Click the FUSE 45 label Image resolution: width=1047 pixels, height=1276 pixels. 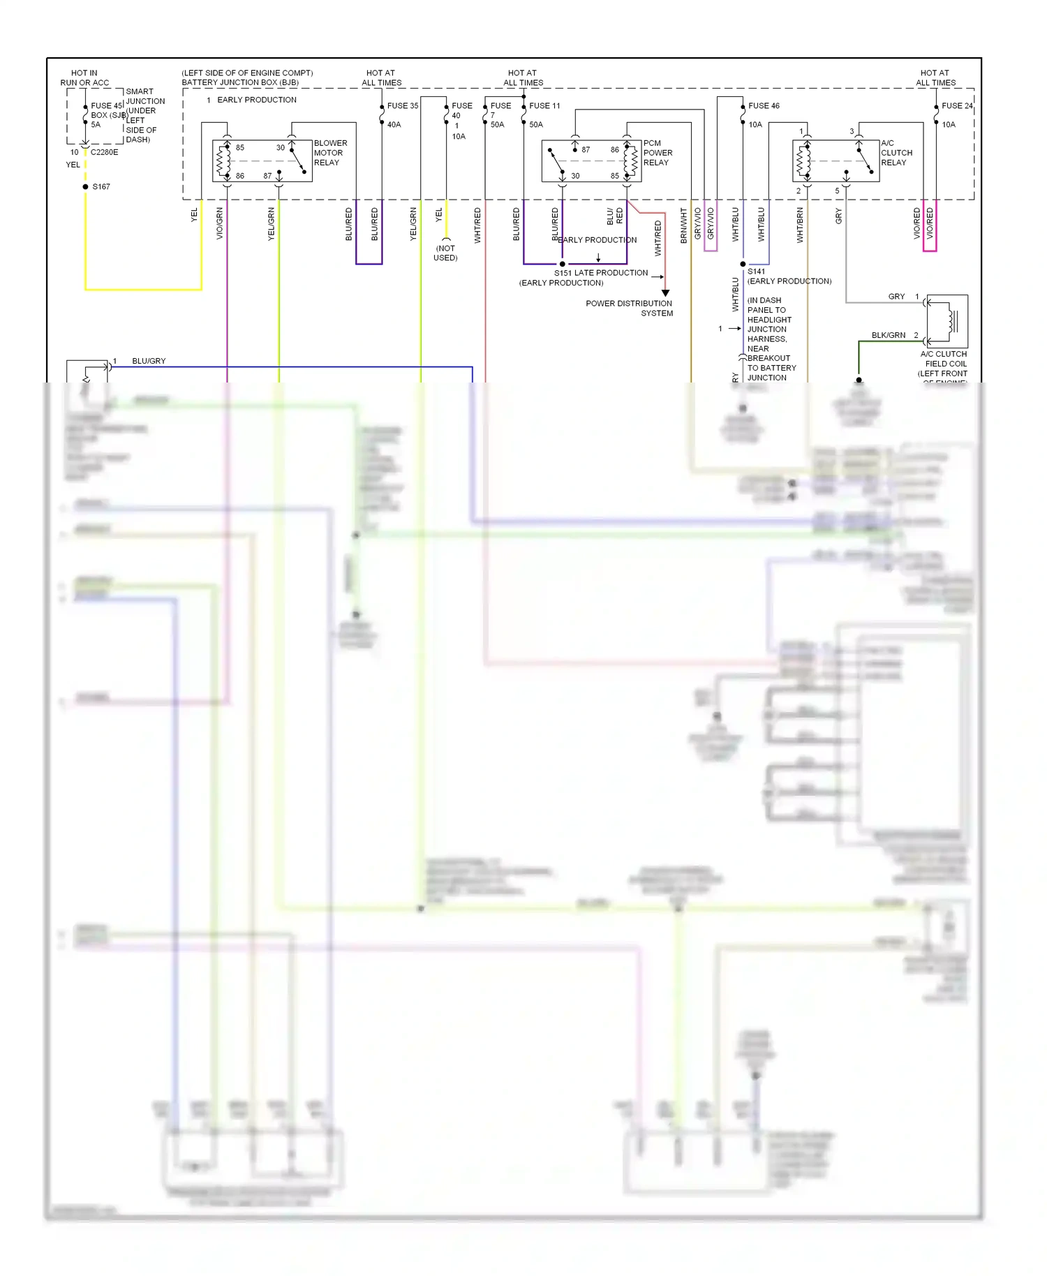point(106,106)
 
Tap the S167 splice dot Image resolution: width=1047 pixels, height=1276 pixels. point(85,187)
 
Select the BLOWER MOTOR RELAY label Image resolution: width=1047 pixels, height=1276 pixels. point(329,153)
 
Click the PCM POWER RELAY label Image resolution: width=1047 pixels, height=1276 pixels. point(658,153)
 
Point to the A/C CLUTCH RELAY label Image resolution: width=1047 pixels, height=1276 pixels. point(896,153)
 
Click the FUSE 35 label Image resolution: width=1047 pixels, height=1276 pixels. point(402,106)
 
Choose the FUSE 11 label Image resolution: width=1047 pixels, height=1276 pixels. point(544,106)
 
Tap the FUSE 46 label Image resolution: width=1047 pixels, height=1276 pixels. point(764,106)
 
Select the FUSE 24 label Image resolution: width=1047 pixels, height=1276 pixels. point(957,106)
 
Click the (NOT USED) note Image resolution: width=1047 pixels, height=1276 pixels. point(445,253)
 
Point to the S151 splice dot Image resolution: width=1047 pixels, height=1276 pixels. point(563,264)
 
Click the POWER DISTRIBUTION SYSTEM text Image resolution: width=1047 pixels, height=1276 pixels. point(629,309)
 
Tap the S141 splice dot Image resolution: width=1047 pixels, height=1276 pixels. point(743,265)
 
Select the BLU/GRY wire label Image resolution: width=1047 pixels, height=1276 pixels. point(149,361)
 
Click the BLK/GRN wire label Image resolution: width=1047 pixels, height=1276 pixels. point(888,335)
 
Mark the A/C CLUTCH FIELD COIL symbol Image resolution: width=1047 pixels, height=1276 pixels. point(948,321)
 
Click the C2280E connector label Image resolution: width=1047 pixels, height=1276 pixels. point(104,152)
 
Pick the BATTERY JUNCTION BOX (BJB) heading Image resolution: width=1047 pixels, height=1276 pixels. point(240,82)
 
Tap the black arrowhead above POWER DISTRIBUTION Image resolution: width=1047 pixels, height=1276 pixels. point(665,293)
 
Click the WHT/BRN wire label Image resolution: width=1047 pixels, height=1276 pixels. point(800,225)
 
